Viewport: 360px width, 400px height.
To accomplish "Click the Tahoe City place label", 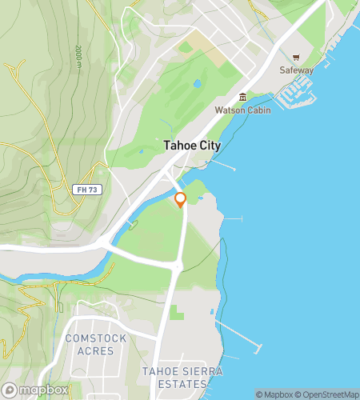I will click(191, 146).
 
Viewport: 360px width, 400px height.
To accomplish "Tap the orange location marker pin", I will click(181, 200).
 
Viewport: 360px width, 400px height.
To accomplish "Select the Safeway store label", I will click(296, 70).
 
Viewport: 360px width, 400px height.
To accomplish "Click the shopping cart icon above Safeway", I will click(296, 58).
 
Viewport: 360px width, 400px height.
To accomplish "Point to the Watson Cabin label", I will click(242, 109).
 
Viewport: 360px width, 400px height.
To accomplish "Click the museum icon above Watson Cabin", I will click(242, 97).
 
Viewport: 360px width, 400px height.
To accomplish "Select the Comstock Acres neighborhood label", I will click(96, 344).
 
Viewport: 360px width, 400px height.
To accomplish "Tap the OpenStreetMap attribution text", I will click(328, 394).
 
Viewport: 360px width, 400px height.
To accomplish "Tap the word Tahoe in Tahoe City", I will click(178, 146).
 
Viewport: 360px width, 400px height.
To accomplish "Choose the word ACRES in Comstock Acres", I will click(96, 350).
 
